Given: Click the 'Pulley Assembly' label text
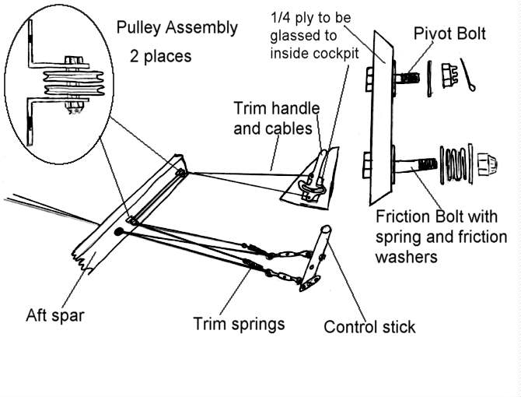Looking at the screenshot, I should coord(177,29).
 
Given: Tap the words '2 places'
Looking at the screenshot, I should coord(160,57).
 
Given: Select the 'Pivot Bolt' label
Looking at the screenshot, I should coord(449,34).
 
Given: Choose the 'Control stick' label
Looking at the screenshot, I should coord(369,326).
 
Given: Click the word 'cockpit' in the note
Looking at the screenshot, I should coord(336,53).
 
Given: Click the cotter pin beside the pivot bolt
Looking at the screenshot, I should coord(469,75).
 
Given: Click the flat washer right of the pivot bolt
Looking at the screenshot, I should coord(429,77).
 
